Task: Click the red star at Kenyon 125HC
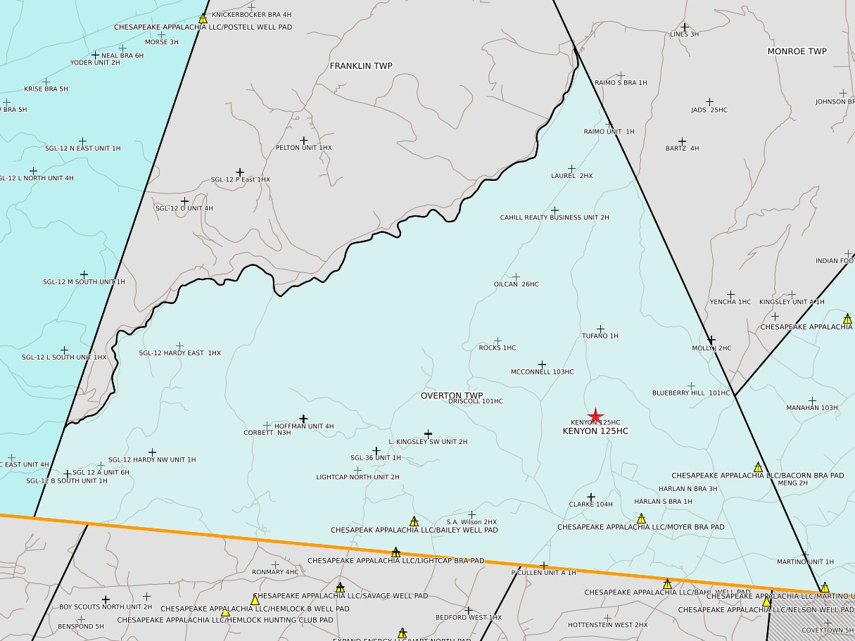click(x=595, y=416)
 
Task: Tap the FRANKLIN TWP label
click(x=361, y=66)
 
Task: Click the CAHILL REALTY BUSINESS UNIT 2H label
click(x=555, y=217)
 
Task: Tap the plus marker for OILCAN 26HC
click(x=516, y=277)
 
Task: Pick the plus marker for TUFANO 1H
click(x=600, y=329)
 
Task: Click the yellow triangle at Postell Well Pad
click(x=203, y=18)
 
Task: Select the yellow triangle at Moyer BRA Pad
click(x=641, y=519)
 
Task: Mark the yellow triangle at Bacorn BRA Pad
click(x=758, y=467)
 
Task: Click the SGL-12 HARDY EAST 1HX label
click(x=179, y=353)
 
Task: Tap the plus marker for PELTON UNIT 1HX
click(x=304, y=141)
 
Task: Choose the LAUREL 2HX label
click(x=571, y=176)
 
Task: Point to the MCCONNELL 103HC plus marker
click(x=542, y=364)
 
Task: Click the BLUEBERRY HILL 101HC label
click(x=690, y=393)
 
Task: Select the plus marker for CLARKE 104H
click(x=591, y=497)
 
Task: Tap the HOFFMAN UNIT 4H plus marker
click(x=304, y=419)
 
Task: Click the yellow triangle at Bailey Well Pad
click(x=414, y=521)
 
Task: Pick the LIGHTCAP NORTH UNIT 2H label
click(x=357, y=477)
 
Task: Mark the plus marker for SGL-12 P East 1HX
click(x=240, y=172)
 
